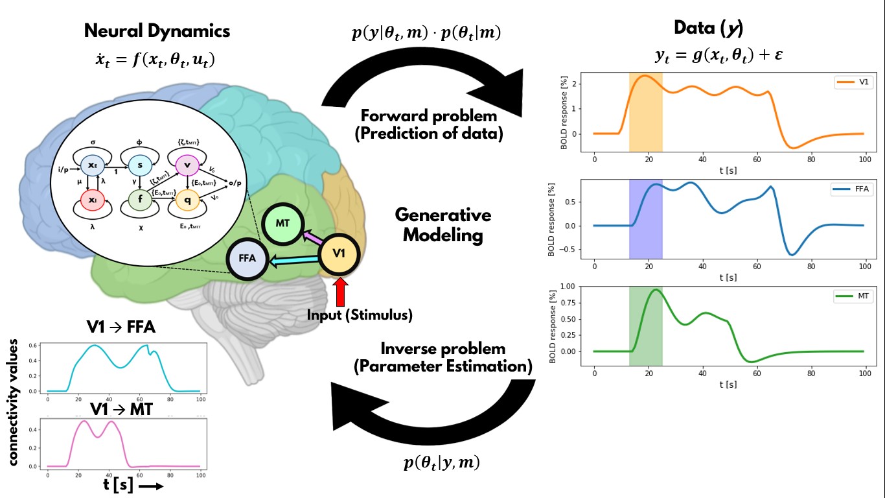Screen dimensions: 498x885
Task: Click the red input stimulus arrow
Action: click(x=341, y=291)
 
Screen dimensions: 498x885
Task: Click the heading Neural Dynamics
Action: click(x=157, y=30)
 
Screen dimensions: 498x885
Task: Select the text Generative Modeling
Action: click(x=442, y=225)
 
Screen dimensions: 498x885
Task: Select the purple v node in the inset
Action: click(x=187, y=165)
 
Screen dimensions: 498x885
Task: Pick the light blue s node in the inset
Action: click(x=139, y=165)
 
